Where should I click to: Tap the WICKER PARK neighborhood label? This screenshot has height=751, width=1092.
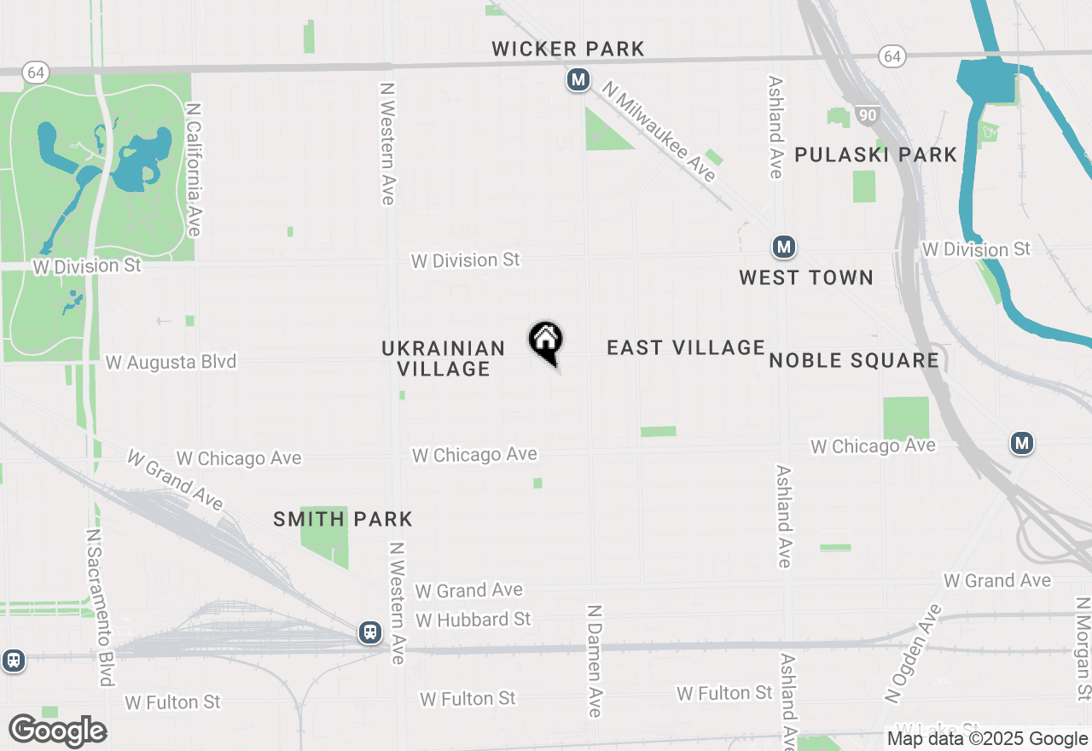568,49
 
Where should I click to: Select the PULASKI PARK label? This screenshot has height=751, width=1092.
876,155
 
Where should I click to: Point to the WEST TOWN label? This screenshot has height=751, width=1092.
806,277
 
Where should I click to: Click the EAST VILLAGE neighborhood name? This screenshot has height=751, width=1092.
686,347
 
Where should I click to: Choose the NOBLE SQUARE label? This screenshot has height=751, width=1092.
854,360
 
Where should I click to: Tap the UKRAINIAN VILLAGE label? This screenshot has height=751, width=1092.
444,358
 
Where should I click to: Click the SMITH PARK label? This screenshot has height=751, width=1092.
343,519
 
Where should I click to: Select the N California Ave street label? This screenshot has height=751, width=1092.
194,170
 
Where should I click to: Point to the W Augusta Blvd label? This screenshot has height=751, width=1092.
171,363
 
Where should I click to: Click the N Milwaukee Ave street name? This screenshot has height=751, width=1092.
659,131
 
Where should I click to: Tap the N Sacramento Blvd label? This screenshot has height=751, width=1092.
100,608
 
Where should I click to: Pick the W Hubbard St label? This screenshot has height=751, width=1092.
473,620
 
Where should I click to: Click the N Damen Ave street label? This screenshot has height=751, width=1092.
595,661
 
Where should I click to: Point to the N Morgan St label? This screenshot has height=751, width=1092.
1083,649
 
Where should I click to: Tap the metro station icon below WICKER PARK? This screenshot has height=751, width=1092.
578,80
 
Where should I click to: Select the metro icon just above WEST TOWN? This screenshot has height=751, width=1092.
784,247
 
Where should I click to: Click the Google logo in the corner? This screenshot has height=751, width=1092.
58,731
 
